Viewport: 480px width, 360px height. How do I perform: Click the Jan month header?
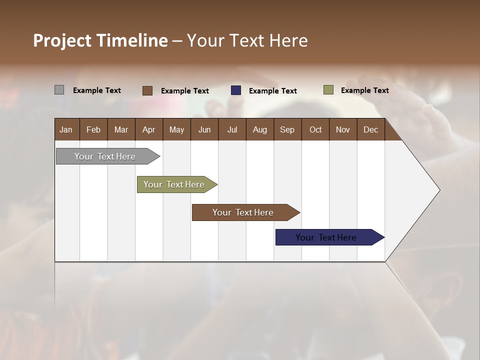click(66, 129)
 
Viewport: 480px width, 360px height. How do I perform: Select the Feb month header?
click(93, 129)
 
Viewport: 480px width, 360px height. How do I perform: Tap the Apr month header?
click(149, 129)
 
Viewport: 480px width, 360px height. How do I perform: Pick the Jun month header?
click(204, 129)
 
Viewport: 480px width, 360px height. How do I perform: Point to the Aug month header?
click(260, 129)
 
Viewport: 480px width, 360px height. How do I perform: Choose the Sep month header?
click(287, 129)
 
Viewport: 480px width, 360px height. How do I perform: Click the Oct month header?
click(315, 129)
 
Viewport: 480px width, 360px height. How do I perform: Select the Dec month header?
click(371, 129)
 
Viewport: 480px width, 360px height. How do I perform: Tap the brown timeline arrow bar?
click(243, 212)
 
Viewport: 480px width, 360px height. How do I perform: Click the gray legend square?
click(59, 90)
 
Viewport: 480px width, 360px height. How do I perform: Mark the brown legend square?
click(147, 90)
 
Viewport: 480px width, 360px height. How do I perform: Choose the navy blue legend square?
click(236, 90)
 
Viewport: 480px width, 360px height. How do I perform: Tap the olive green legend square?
click(328, 90)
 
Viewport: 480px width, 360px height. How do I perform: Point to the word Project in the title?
click(62, 40)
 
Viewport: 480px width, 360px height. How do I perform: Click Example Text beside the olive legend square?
click(364, 90)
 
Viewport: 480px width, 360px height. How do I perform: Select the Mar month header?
click(121, 129)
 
